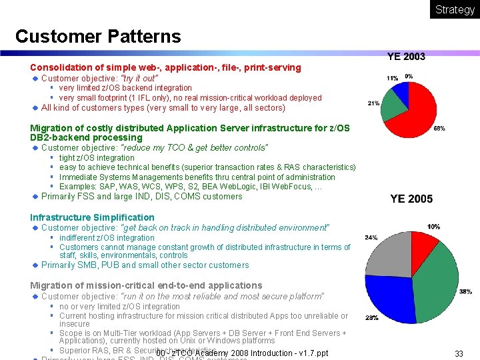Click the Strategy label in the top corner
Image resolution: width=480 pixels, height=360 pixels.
tap(455, 9)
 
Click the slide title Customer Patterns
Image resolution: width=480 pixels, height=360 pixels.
tap(97, 36)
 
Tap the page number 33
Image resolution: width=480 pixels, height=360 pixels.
tap(459, 353)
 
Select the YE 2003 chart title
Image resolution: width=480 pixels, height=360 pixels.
tap(406, 57)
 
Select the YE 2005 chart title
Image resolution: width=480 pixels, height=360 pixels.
tap(411, 199)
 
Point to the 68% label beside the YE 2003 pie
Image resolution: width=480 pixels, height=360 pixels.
tap(439, 128)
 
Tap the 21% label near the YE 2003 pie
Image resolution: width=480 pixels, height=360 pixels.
tap(373, 103)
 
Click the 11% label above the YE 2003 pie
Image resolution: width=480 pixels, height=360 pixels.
tap(392, 78)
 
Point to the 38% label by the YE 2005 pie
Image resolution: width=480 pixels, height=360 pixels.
tap(465, 291)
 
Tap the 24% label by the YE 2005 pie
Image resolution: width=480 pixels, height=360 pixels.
tap(371, 237)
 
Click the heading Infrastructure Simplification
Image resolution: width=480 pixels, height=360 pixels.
tap(92, 217)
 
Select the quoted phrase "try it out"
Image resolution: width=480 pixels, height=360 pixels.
tap(139, 78)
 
